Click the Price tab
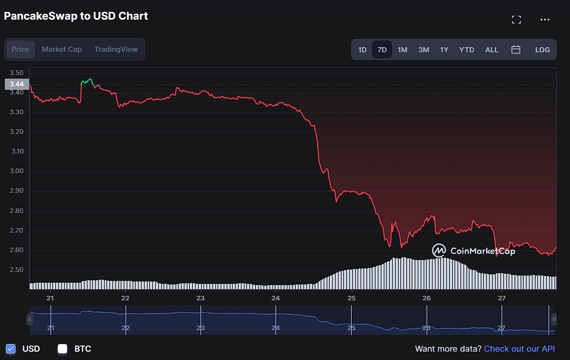20,49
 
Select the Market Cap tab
62,49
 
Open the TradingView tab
116,49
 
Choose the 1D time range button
362,50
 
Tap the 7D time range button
382,50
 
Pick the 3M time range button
424,50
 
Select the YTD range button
466,50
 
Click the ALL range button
491,50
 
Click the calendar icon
516,49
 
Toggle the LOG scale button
543,50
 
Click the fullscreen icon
516,20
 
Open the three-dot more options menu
545,20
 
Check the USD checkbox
11,349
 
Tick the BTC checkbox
62,349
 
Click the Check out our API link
519,349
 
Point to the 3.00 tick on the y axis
16,171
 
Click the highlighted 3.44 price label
17,84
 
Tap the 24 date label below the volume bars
275,298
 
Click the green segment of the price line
87,82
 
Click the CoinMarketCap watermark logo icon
439,250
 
